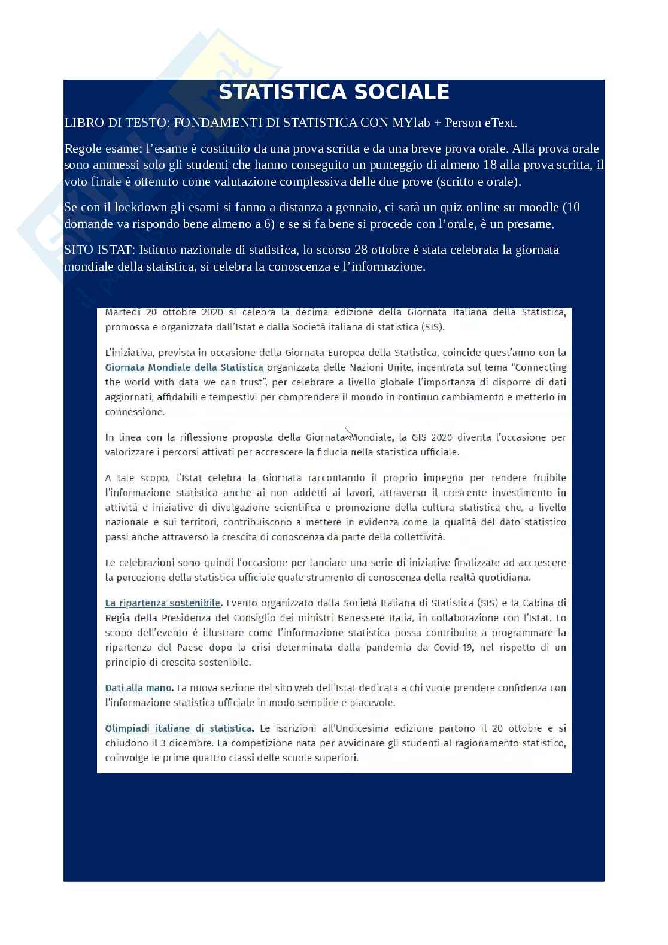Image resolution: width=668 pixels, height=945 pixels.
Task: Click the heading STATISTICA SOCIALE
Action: pos(333,92)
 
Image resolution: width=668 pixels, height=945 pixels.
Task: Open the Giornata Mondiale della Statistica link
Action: pos(184,367)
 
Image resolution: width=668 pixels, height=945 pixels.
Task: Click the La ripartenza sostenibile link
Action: pos(163,603)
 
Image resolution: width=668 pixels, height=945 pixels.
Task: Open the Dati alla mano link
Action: pos(138,688)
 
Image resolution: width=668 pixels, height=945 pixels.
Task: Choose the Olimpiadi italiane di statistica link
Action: pos(178,728)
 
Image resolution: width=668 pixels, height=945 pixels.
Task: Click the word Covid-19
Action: pos(453,648)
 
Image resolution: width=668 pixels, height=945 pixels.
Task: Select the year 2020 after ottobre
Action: pos(212,312)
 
